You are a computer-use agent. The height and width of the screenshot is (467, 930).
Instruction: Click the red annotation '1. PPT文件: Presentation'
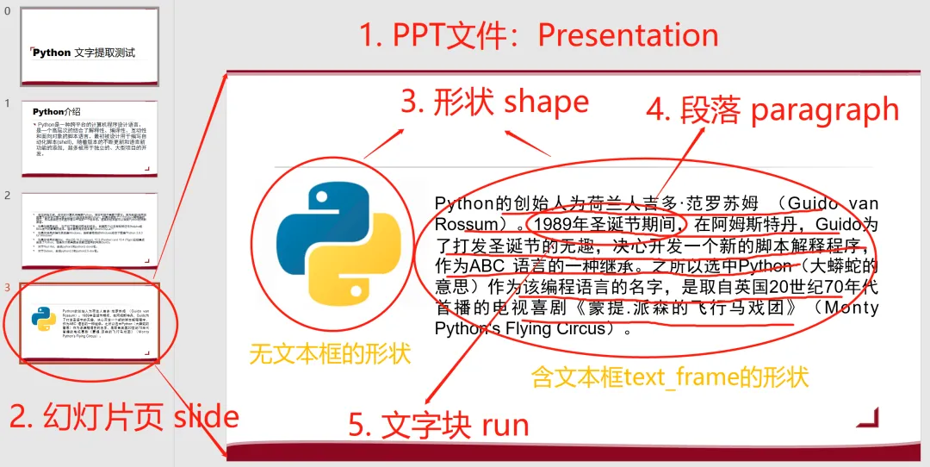pos(538,35)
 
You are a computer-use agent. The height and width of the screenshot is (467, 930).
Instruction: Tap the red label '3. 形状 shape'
pos(495,103)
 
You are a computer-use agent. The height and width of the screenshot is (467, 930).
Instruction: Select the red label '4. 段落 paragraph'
pos(772,111)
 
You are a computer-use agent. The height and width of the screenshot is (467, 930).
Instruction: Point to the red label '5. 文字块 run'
pos(438,425)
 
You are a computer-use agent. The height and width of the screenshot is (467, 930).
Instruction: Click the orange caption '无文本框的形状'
pos(330,353)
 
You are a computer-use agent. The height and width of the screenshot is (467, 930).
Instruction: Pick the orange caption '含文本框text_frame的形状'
pos(669,377)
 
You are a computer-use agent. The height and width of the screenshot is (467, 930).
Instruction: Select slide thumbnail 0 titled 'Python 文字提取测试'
pos(90,47)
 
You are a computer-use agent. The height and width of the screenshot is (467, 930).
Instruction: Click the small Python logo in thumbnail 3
pos(44,318)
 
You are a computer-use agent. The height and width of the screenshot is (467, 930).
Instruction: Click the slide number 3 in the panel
pos(8,287)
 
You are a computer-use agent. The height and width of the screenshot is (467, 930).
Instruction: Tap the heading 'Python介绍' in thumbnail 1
pos(57,112)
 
